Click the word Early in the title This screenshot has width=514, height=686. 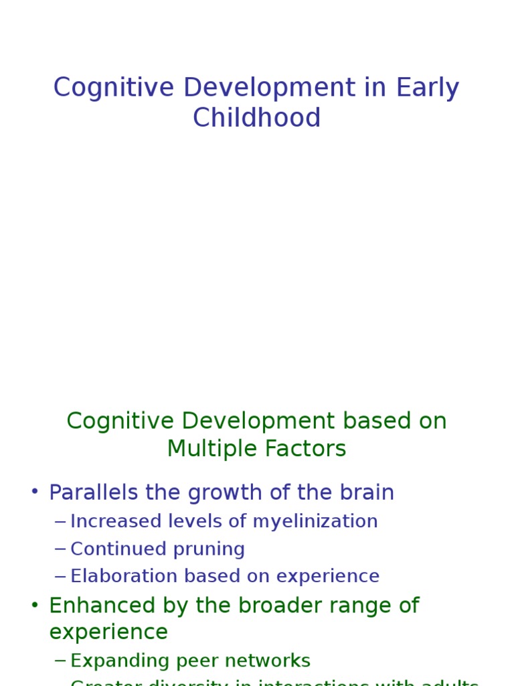point(427,88)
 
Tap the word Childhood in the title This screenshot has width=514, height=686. point(257,118)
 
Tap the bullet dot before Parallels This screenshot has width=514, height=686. point(35,492)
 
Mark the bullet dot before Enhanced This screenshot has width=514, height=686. point(35,605)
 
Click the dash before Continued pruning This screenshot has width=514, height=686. point(60,549)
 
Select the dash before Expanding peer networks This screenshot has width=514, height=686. point(60,661)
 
